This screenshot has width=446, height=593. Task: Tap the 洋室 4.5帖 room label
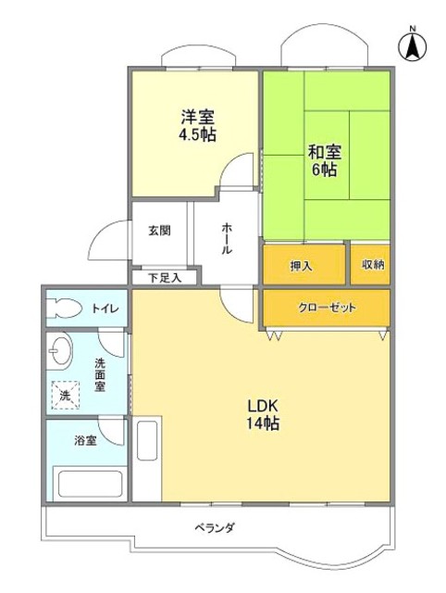[197, 124]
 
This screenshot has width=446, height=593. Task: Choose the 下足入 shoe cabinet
[162, 276]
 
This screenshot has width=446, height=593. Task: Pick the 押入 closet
[302, 265]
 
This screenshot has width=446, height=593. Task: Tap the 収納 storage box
[370, 265]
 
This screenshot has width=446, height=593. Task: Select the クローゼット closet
[327, 308]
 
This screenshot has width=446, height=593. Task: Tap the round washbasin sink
[62, 352]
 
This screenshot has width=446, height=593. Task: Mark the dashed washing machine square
[65, 395]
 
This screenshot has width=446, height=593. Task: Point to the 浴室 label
[85, 440]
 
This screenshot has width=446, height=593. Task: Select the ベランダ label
[215, 527]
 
